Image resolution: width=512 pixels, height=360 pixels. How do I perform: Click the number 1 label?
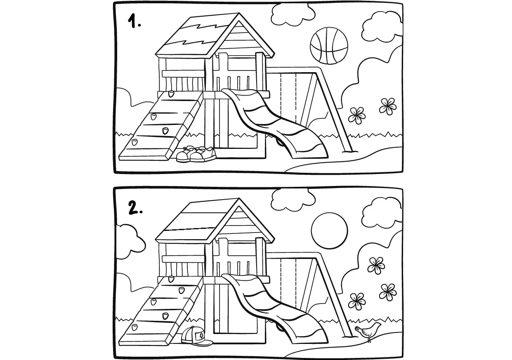[134, 21]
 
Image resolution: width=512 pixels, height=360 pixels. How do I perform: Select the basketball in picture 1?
[329, 46]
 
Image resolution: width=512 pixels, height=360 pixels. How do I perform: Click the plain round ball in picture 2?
[329, 231]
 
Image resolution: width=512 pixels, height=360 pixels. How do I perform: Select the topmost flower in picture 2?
[375, 265]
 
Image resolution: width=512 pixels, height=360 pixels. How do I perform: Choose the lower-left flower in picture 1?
[357, 115]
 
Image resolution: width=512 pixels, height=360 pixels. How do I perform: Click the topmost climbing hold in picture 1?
[172, 94]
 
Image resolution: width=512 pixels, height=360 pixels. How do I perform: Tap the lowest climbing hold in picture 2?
[134, 328]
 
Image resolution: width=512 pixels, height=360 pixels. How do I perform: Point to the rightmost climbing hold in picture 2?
[181, 290]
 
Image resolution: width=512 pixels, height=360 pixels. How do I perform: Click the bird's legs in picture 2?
[369, 340]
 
